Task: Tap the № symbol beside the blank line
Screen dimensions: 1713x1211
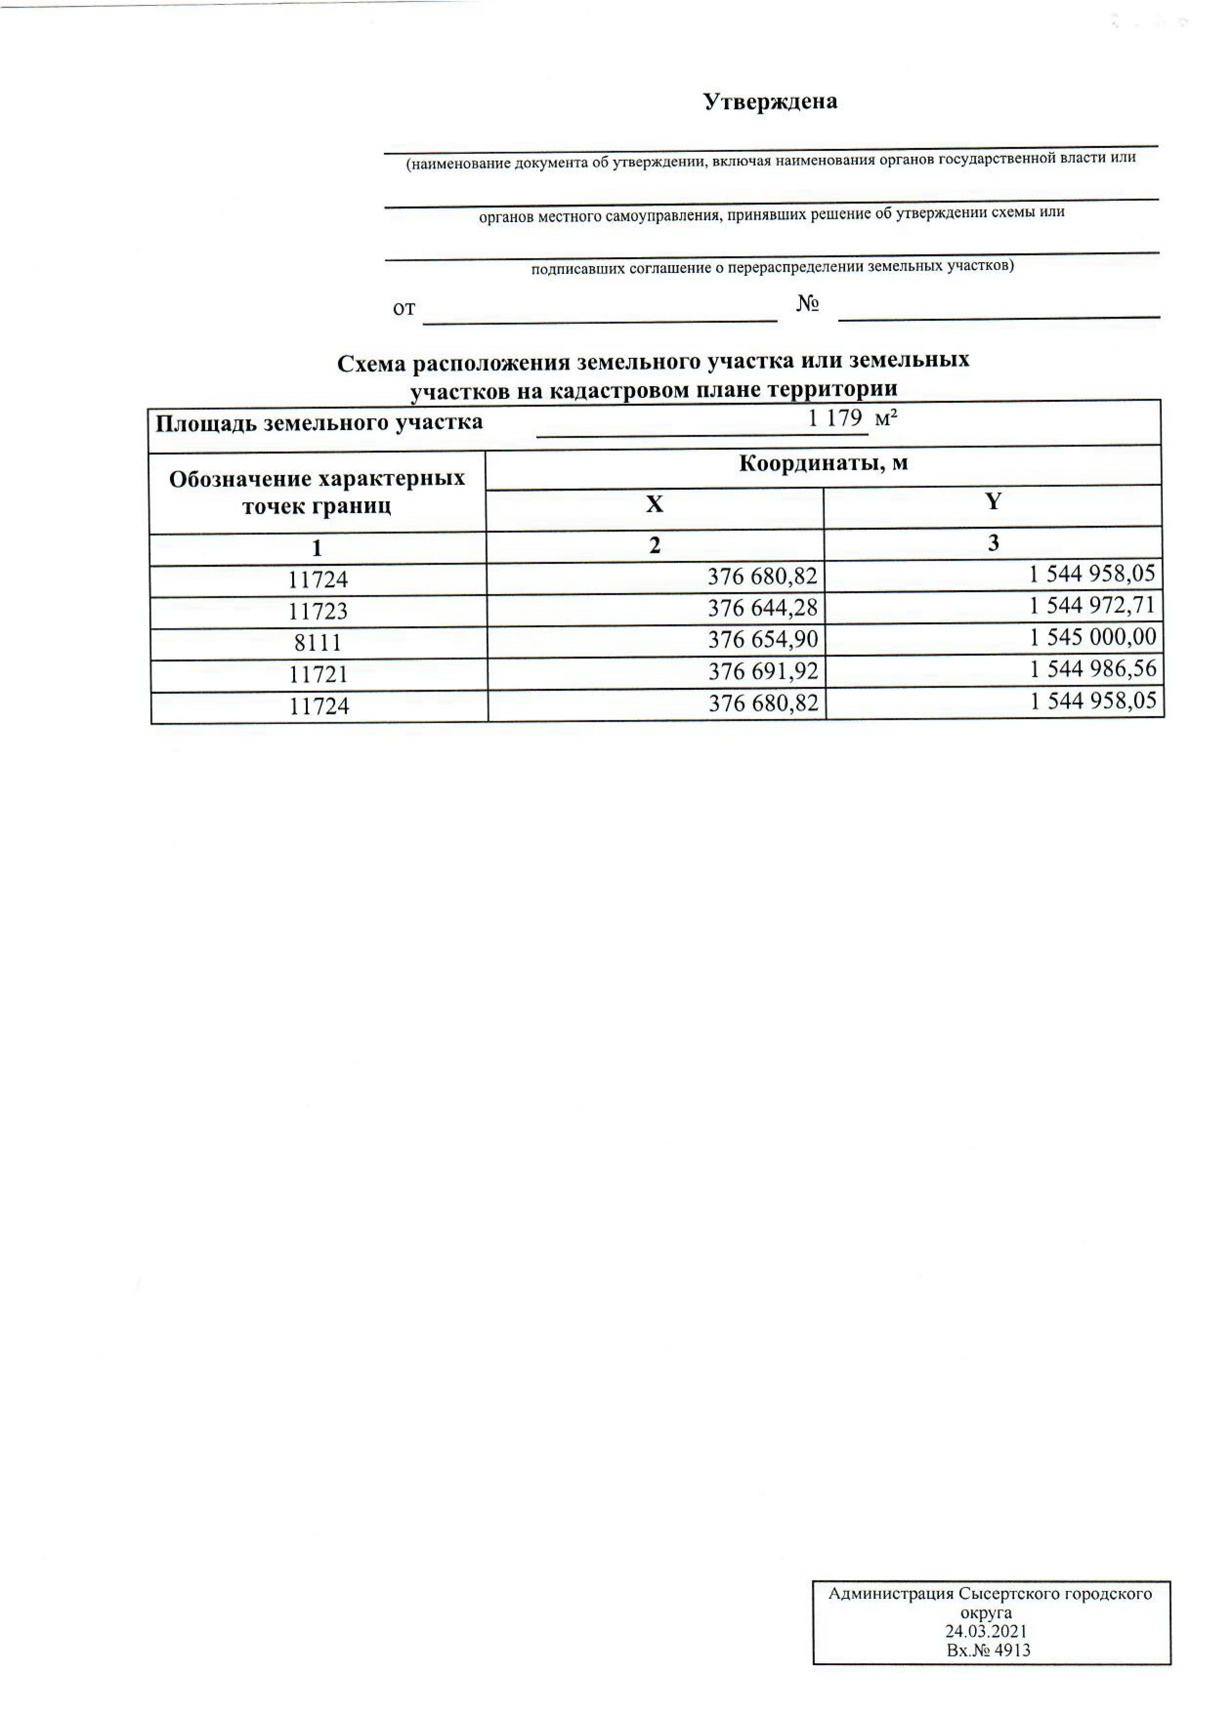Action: pos(808,304)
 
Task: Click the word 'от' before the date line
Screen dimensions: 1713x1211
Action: pos(404,309)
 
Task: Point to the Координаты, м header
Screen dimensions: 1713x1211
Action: pos(823,463)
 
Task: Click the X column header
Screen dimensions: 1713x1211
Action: pos(655,505)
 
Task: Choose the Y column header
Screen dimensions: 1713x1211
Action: pos(992,501)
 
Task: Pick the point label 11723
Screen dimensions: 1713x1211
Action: pos(318,612)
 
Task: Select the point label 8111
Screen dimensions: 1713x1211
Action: pos(318,643)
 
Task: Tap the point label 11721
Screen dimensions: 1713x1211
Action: pos(319,674)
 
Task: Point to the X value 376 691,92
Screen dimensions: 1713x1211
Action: pos(764,671)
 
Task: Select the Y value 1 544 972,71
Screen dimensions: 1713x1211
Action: pos(1092,605)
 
